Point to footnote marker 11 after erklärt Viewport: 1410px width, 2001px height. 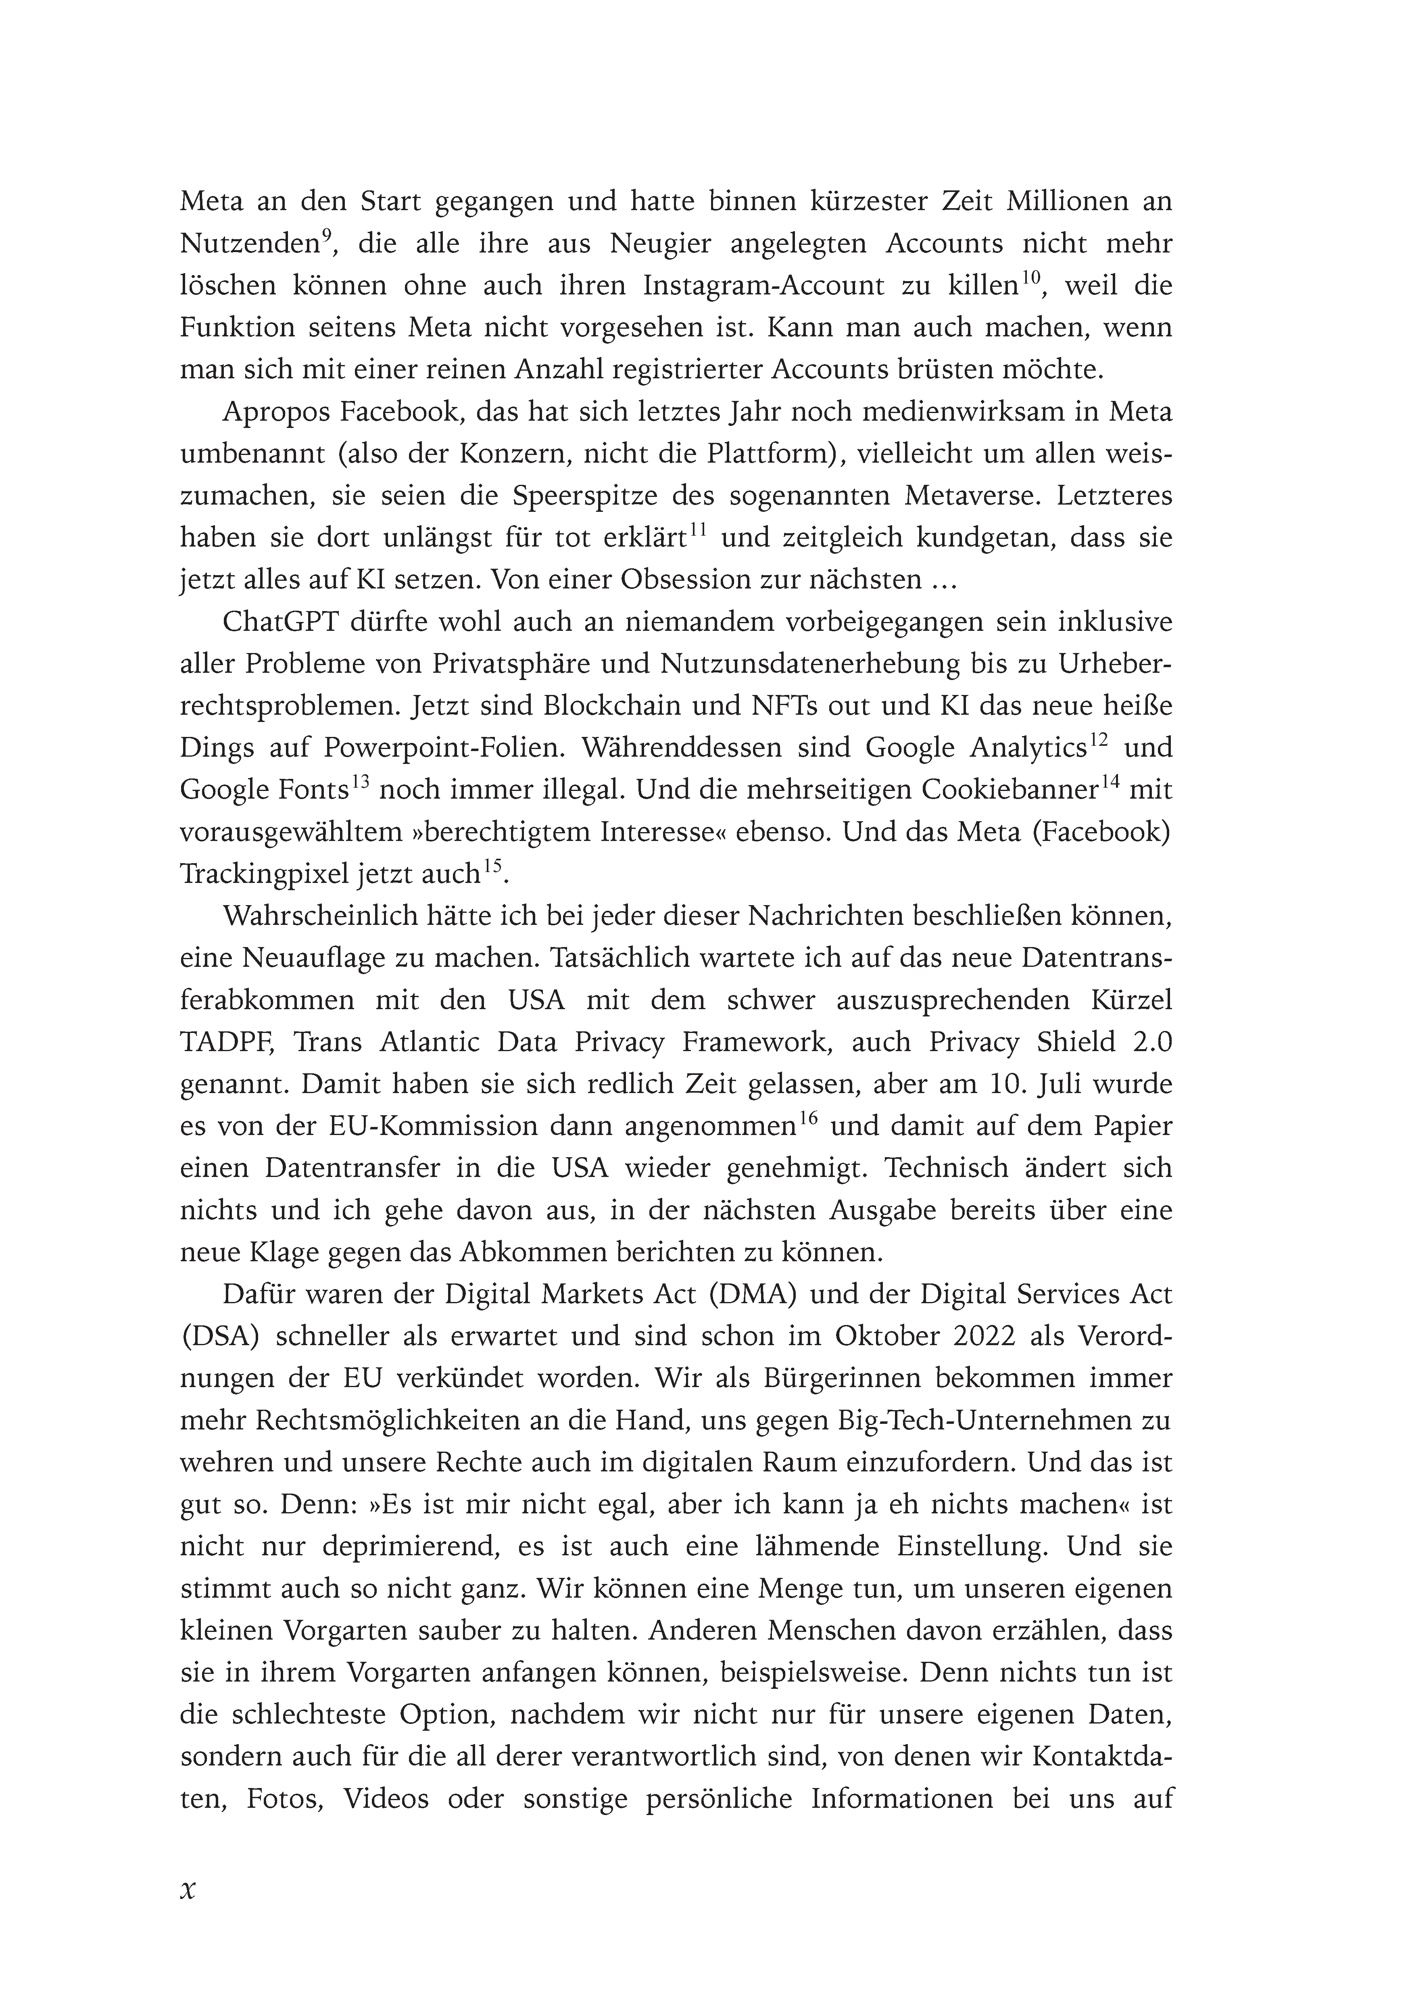click(x=697, y=531)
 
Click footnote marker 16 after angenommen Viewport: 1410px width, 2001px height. click(x=807, y=1120)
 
